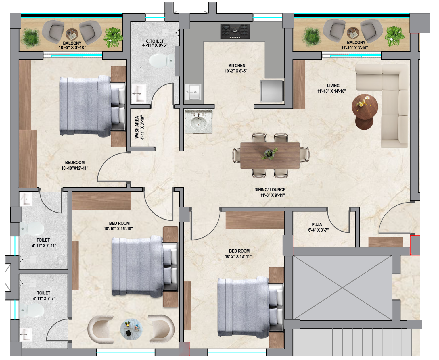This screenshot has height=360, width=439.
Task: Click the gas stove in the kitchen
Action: tap(235, 31)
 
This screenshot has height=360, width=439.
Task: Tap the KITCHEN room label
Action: tap(237, 66)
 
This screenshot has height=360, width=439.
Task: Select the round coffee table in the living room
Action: tap(365, 107)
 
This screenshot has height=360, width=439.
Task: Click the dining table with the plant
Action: tap(270, 155)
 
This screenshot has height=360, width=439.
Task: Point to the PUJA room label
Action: tap(317, 224)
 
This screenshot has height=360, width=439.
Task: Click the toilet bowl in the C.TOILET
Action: tap(162, 61)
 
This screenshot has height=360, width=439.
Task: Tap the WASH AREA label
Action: tap(137, 127)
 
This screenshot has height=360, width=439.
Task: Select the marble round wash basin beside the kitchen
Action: tap(199, 122)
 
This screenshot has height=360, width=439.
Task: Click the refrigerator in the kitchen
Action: tap(272, 91)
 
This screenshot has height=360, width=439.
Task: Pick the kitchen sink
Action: tap(193, 92)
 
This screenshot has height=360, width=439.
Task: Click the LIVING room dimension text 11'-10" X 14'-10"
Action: tap(331, 91)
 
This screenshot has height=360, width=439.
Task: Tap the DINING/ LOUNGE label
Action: tap(270, 190)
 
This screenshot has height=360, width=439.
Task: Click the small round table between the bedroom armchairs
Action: tap(131, 329)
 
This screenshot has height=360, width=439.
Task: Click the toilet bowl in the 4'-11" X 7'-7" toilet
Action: tap(32, 310)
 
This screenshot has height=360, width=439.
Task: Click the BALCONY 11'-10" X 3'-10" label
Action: tap(354, 45)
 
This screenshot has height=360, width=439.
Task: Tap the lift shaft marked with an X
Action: tap(342, 288)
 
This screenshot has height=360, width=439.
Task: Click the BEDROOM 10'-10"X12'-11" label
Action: tap(75, 165)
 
